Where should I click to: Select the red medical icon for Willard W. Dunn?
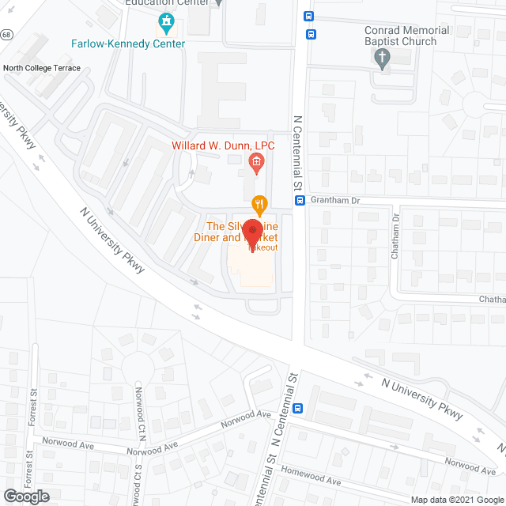click(x=256, y=163)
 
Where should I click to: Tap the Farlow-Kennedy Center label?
click(x=127, y=43)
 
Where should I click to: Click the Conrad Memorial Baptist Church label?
click(x=406, y=36)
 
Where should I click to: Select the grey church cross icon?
click(x=383, y=58)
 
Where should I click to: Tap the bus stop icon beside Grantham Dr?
click(x=300, y=201)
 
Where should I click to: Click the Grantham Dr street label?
click(x=335, y=201)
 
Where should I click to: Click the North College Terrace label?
click(x=41, y=69)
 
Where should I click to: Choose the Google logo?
click(x=25, y=497)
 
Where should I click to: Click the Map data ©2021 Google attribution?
click(x=457, y=500)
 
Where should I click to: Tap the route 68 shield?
click(x=5, y=35)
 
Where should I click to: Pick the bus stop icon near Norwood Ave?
click(x=298, y=409)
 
